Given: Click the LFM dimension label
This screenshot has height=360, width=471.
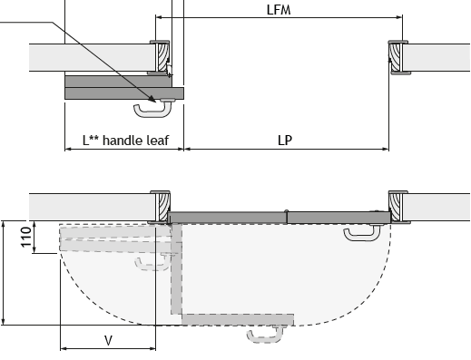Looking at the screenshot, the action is (x=279, y=10).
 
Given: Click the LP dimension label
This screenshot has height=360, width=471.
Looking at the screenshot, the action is (x=285, y=141).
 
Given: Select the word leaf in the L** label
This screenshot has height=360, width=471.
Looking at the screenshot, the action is (x=158, y=141).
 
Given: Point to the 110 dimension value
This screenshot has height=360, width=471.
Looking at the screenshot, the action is (x=26, y=237).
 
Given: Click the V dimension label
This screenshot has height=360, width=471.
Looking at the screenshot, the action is (x=108, y=341).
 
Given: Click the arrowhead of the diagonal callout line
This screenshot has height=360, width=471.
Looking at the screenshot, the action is (x=152, y=99).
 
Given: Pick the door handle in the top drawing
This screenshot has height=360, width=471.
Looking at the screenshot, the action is (x=153, y=108).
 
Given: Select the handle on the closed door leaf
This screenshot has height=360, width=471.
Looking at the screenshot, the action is (x=362, y=233).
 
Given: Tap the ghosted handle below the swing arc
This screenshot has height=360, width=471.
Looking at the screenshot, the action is (x=266, y=335).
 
